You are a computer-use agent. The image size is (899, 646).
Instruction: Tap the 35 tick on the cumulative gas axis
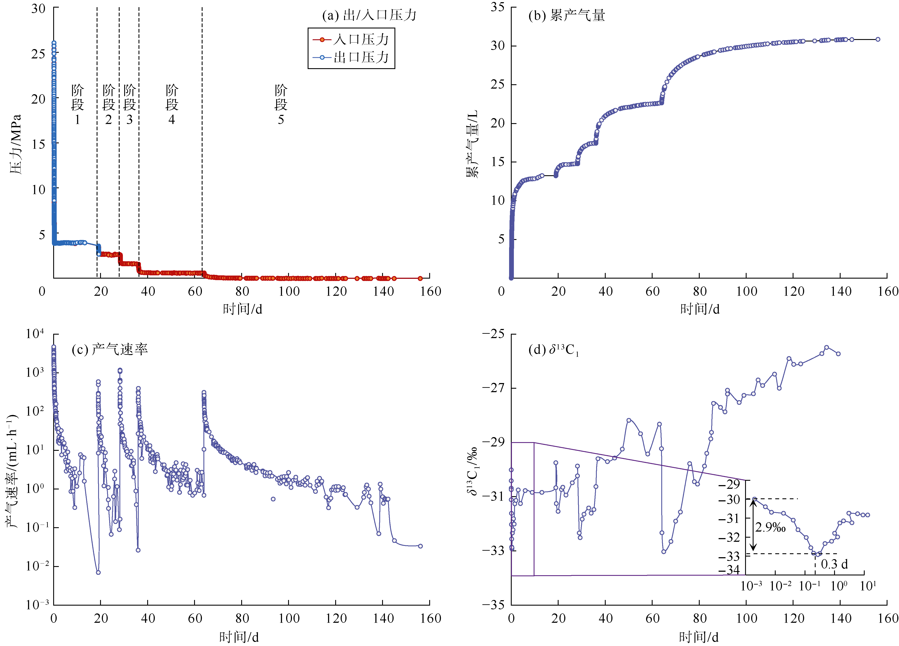click(x=497, y=7)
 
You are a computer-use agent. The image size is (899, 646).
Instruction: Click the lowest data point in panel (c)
click(x=98, y=572)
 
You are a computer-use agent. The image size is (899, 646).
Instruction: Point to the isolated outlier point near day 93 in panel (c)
click(x=273, y=499)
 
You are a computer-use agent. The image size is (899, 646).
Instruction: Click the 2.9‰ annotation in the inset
click(x=770, y=527)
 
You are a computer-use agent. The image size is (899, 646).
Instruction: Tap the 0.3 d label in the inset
click(x=834, y=564)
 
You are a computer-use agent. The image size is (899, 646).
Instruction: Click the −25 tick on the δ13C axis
click(x=493, y=334)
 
